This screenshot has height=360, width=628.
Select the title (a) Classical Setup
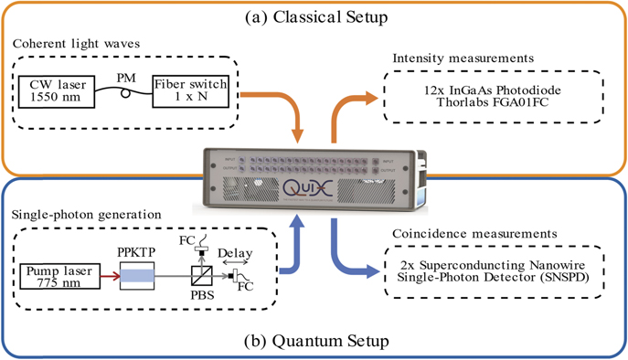tap(313, 16)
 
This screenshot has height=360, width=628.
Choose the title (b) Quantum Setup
tap(314, 341)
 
